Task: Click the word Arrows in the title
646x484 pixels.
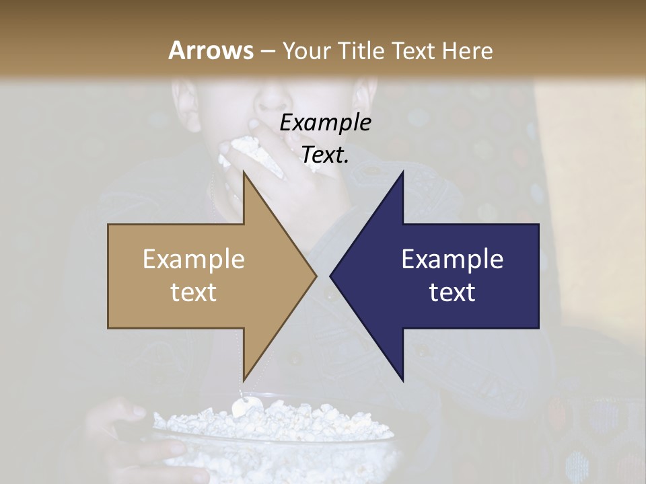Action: point(211,50)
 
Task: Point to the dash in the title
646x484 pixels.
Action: point(267,51)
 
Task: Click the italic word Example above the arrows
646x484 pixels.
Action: point(325,123)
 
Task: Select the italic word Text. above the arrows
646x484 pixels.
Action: point(325,155)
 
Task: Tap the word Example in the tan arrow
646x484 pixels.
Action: point(193,259)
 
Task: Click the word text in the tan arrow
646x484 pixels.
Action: point(193,292)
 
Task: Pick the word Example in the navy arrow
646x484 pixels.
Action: point(452,259)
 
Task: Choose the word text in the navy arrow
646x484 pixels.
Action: point(452,292)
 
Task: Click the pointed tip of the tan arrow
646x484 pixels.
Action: point(316,276)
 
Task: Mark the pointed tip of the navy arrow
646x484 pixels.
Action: point(330,276)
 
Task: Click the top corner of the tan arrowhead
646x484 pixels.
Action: point(244,171)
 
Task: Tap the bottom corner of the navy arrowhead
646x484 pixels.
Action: point(403,381)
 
